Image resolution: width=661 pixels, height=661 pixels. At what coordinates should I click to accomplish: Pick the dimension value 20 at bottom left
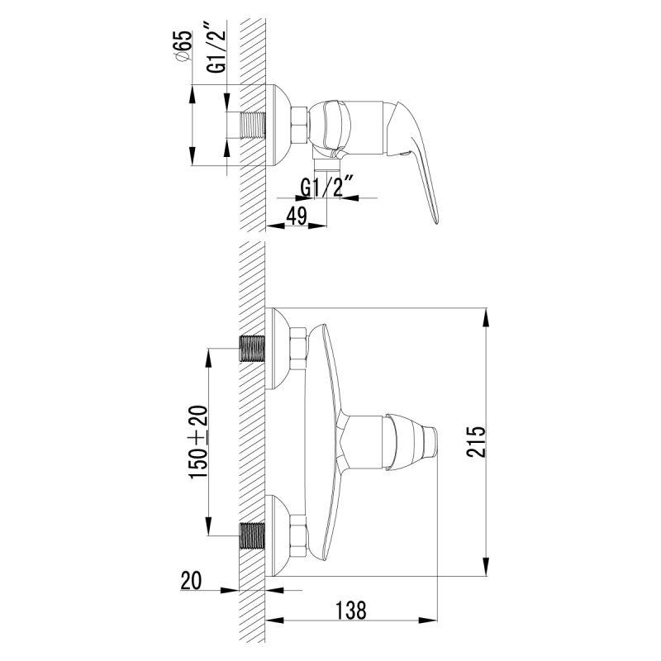[192, 581]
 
